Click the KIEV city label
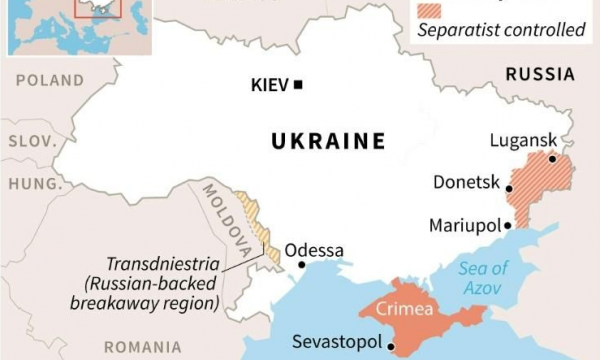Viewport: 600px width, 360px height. [269, 85]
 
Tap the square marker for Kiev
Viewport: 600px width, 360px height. [297, 85]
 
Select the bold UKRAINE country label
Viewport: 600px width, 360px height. [328, 141]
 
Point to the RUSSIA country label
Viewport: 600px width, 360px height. [540, 74]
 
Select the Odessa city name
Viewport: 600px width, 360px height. [314, 250]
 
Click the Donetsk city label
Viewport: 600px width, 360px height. [466, 182]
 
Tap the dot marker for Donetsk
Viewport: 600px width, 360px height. [509, 188]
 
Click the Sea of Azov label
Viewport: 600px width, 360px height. [484, 277]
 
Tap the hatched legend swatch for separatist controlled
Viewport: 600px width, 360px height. [438, 8]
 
